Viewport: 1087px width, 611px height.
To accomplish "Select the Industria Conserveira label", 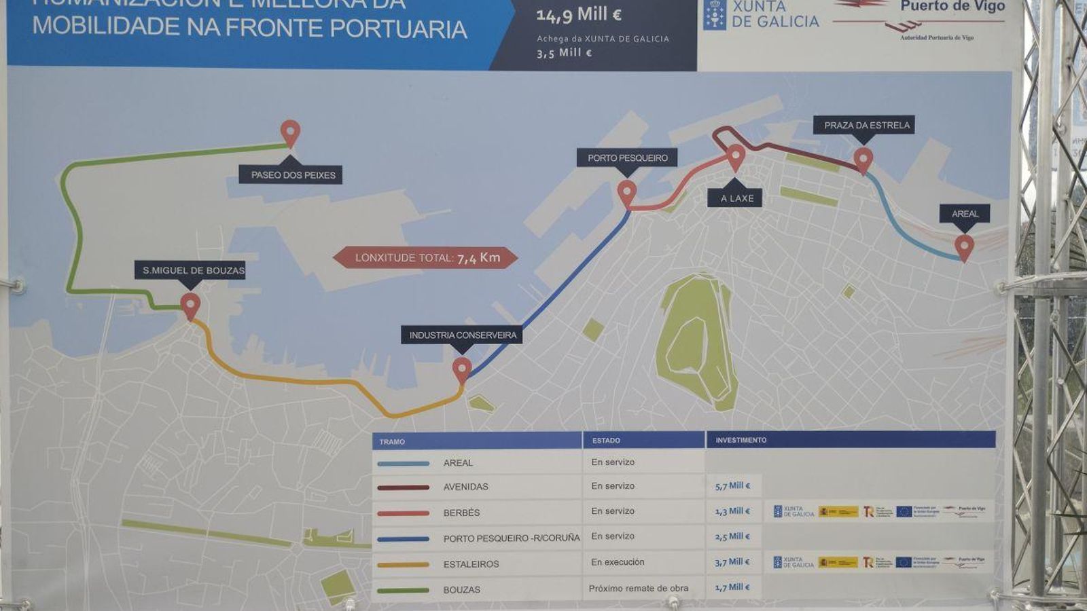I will [x=462, y=335].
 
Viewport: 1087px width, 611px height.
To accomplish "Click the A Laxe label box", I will [x=736, y=198].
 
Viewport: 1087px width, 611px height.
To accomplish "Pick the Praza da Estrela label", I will [x=866, y=125].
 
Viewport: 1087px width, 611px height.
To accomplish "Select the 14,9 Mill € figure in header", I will [x=579, y=15].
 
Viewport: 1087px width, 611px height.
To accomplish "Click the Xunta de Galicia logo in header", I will [x=761, y=15].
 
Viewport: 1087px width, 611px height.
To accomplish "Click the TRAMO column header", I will [x=393, y=441].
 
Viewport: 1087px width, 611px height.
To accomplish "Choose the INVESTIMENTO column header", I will [x=741, y=440].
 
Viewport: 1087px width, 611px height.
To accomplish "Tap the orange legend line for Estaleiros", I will [x=403, y=564].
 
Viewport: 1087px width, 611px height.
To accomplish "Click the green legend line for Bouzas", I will [x=403, y=590].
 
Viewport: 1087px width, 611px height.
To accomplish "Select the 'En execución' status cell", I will [x=617, y=562].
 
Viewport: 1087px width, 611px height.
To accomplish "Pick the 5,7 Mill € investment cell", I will [x=732, y=486].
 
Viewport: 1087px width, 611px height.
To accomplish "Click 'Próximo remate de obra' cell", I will [x=638, y=588].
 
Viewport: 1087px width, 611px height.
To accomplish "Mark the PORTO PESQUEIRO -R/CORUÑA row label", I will [x=511, y=538].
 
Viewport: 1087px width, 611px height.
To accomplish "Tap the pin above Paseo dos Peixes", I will [x=290, y=132].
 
